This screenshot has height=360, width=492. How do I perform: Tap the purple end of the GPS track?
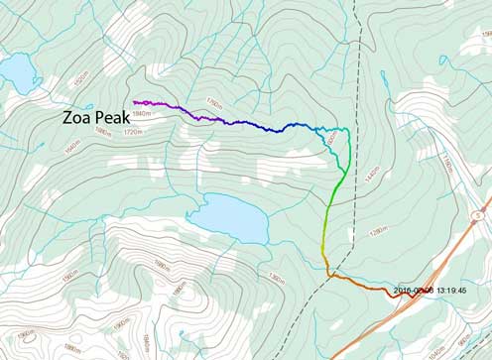pos(135,101)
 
